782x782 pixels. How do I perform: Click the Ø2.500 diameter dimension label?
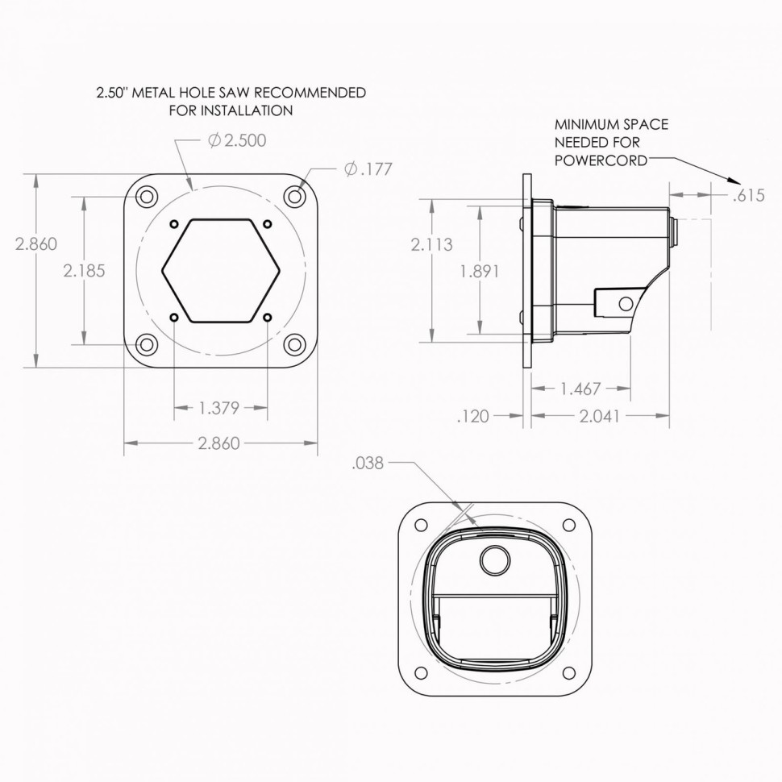coord(236,140)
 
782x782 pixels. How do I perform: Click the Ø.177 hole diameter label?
coord(368,168)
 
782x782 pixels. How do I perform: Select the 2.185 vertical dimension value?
coord(84,271)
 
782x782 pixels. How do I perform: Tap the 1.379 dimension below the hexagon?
coord(219,408)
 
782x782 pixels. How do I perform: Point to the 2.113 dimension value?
coord(431,244)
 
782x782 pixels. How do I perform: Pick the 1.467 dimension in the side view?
coord(580,389)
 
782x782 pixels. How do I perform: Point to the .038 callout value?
coord(368,463)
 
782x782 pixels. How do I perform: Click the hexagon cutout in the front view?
coord(221,271)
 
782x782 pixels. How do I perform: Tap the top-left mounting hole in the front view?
coord(146,197)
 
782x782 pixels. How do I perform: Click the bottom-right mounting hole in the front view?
coord(295,345)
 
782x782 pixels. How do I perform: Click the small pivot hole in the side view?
coord(623,303)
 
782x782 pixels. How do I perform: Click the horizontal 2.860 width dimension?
coord(219,443)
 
